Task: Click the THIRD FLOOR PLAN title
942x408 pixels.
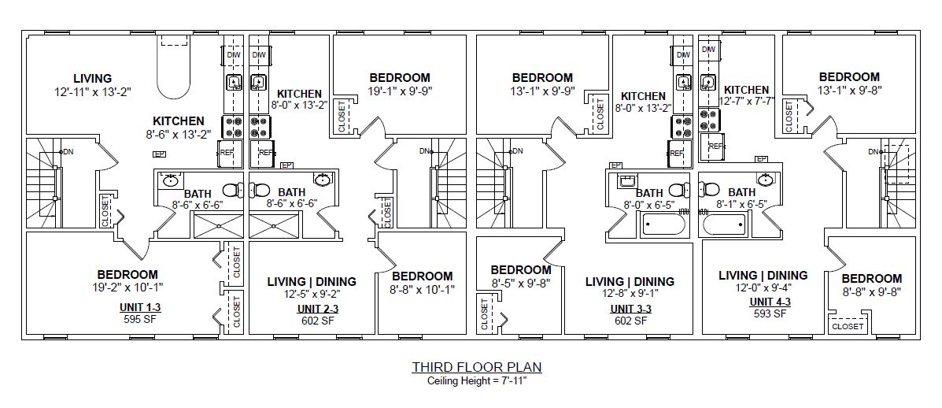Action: point(477,367)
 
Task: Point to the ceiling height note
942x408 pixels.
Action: point(477,381)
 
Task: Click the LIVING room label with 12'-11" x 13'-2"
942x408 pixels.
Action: point(92,78)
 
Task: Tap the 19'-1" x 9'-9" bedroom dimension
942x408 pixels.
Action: point(400,91)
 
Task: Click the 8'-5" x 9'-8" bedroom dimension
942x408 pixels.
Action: point(521,283)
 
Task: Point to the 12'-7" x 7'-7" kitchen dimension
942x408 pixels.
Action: point(746,101)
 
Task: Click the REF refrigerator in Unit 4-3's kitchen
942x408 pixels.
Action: point(714,147)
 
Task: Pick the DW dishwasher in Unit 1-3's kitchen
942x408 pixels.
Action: point(234,55)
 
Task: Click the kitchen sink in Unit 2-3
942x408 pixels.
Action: point(258,82)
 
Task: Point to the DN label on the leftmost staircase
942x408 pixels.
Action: point(68,151)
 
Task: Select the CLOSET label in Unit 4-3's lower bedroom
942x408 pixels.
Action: point(847,326)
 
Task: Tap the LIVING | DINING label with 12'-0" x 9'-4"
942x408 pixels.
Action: point(763,275)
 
